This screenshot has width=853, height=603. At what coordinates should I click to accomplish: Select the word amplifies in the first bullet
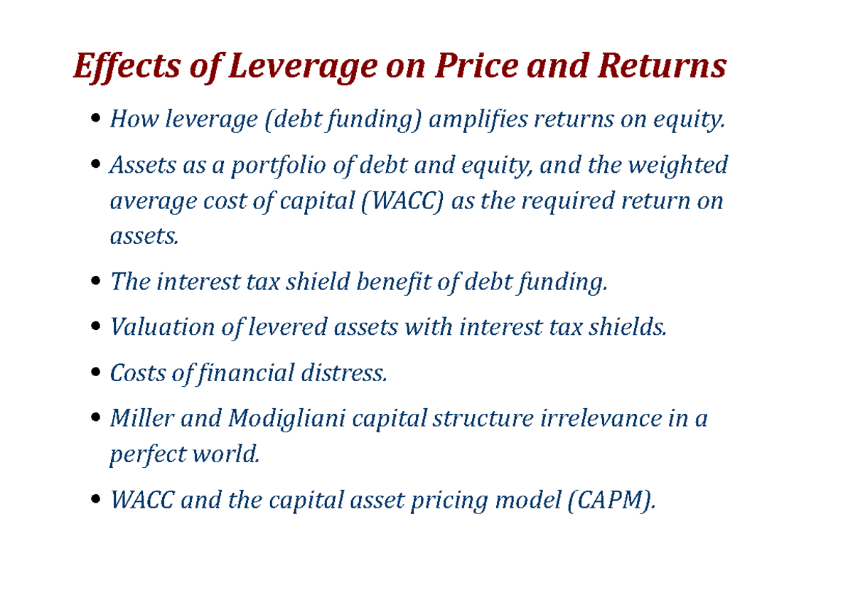point(479,121)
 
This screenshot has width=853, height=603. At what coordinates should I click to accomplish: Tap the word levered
point(290,327)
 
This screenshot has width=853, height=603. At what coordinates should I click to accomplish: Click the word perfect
point(144,454)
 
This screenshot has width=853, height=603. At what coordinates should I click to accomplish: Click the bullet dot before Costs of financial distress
point(97,374)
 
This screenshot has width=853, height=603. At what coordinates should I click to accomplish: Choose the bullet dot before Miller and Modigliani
point(97,420)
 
